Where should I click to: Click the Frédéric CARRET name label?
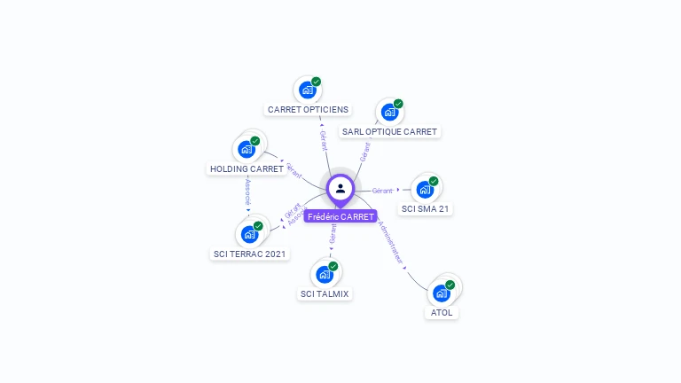(x=340, y=216)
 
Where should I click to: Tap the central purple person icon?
(x=340, y=188)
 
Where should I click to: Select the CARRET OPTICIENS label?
(x=308, y=110)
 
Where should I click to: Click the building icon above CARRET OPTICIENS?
(x=308, y=90)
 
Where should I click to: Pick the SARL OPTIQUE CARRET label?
(x=390, y=132)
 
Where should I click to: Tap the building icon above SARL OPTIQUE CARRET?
(x=389, y=112)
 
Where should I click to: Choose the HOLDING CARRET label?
(x=247, y=168)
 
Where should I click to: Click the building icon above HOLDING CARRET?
(x=247, y=149)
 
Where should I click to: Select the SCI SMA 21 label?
(x=426, y=209)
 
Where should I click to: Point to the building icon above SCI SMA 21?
(x=426, y=189)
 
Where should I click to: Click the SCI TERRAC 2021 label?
(x=251, y=254)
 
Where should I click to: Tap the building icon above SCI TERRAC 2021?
(x=250, y=234)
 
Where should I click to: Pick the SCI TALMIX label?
(x=325, y=293)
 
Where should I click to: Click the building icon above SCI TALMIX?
(x=325, y=274)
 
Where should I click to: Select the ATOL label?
(x=442, y=313)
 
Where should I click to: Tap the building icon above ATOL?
(x=441, y=293)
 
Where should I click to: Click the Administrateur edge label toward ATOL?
(x=390, y=241)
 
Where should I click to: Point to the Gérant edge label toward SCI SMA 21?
(x=382, y=191)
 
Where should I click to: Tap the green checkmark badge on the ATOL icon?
(x=450, y=285)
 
